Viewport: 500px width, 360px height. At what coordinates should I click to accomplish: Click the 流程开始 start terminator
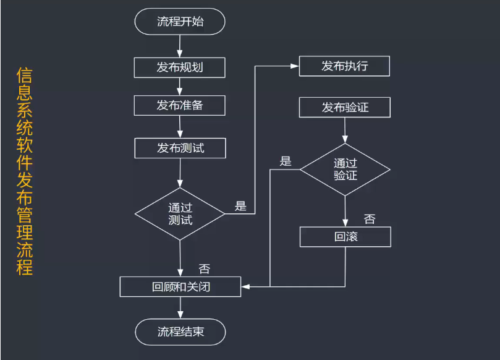pyautogui.click(x=180, y=22)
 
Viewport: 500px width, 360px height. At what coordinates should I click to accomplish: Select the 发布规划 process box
pyautogui.click(x=180, y=67)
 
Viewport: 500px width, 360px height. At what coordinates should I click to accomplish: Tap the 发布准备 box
pyautogui.click(x=180, y=105)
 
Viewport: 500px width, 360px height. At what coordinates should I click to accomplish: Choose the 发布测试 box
pyautogui.click(x=180, y=148)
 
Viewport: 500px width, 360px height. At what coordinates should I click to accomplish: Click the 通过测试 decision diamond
pyautogui.click(x=180, y=214)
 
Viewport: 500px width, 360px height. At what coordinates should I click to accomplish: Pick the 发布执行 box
pyautogui.click(x=344, y=66)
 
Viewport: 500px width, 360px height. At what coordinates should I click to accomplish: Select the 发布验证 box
pyautogui.click(x=344, y=108)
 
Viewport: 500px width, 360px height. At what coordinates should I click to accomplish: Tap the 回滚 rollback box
pyautogui.click(x=345, y=237)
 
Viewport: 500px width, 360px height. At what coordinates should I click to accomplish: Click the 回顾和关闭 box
pyautogui.click(x=180, y=287)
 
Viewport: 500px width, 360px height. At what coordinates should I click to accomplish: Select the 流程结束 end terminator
pyautogui.click(x=180, y=332)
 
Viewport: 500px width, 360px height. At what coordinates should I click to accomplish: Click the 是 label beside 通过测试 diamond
pyautogui.click(x=240, y=206)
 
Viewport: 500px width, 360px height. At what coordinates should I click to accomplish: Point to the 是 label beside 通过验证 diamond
pyautogui.click(x=285, y=161)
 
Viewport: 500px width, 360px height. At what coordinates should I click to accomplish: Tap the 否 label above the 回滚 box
pyautogui.click(x=369, y=218)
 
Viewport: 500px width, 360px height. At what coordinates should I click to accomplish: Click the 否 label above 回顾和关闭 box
pyautogui.click(x=205, y=268)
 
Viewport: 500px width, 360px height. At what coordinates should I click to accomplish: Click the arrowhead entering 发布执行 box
pyautogui.click(x=295, y=66)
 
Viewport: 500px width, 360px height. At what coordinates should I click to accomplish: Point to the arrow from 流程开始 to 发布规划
pyautogui.click(x=180, y=45)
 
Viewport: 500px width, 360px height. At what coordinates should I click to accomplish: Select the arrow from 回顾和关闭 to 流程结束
pyautogui.click(x=180, y=308)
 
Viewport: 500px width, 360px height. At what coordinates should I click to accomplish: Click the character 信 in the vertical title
pyautogui.click(x=24, y=76)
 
